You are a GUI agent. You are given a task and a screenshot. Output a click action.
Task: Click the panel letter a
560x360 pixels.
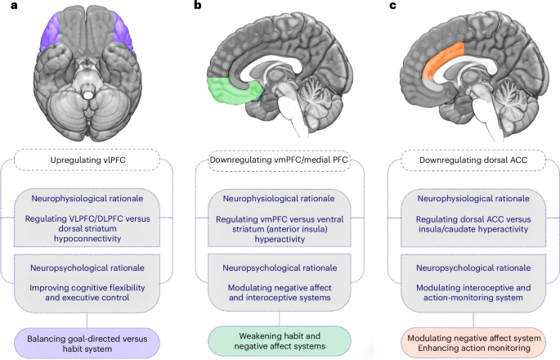7,7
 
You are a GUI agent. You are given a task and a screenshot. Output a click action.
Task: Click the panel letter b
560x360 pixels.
197,7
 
